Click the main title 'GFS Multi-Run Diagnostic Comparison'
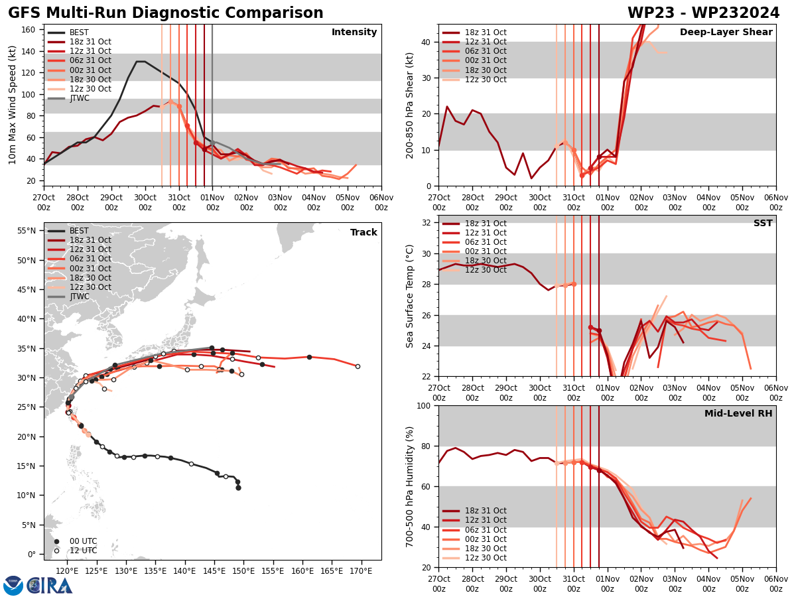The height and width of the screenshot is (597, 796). coord(165,13)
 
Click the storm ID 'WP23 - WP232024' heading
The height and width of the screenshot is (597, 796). coord(703,13)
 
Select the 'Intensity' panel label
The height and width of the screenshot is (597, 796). coord(354,33)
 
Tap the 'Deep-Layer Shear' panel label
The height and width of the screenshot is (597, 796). coord(726,33)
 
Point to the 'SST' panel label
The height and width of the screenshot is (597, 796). coord(763,224)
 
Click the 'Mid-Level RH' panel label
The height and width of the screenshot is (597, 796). coord(738,414)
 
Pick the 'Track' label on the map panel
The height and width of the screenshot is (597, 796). coord(364,233)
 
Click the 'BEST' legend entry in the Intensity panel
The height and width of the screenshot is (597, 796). coord(79,33)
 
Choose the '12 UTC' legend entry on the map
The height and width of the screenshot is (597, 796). coord(83,551)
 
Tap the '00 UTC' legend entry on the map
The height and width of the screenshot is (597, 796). coord(83,541)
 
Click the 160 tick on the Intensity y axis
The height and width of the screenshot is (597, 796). coord(29,29)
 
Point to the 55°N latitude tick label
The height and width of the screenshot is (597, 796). coord(27,231)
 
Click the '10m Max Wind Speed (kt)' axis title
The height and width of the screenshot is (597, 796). coord(12,105)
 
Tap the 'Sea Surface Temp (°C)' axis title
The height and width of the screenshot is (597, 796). coord(410,296)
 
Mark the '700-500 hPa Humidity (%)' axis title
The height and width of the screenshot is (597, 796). coord(410,486)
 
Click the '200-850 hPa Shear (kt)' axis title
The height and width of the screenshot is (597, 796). coord(410,105)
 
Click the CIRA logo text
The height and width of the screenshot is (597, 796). coord(50,585)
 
